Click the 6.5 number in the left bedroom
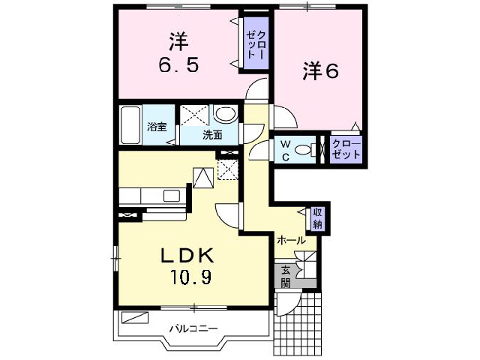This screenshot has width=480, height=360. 178,65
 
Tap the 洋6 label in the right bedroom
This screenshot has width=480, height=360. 321,71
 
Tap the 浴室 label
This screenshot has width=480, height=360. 157,126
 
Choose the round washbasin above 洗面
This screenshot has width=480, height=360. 224,116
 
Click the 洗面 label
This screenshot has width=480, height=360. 213,136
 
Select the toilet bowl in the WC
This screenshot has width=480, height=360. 304,149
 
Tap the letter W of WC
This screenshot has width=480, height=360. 286,142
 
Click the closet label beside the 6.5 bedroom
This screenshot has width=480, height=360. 252,43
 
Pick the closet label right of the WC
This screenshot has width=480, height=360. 346,148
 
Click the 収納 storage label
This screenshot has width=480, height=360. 319,219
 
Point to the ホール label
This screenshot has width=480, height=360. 292,241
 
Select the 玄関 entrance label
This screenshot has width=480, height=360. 286,277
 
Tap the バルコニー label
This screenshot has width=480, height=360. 193,328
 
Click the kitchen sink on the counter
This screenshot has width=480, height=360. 172,196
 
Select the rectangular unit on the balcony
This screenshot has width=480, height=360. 136,316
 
